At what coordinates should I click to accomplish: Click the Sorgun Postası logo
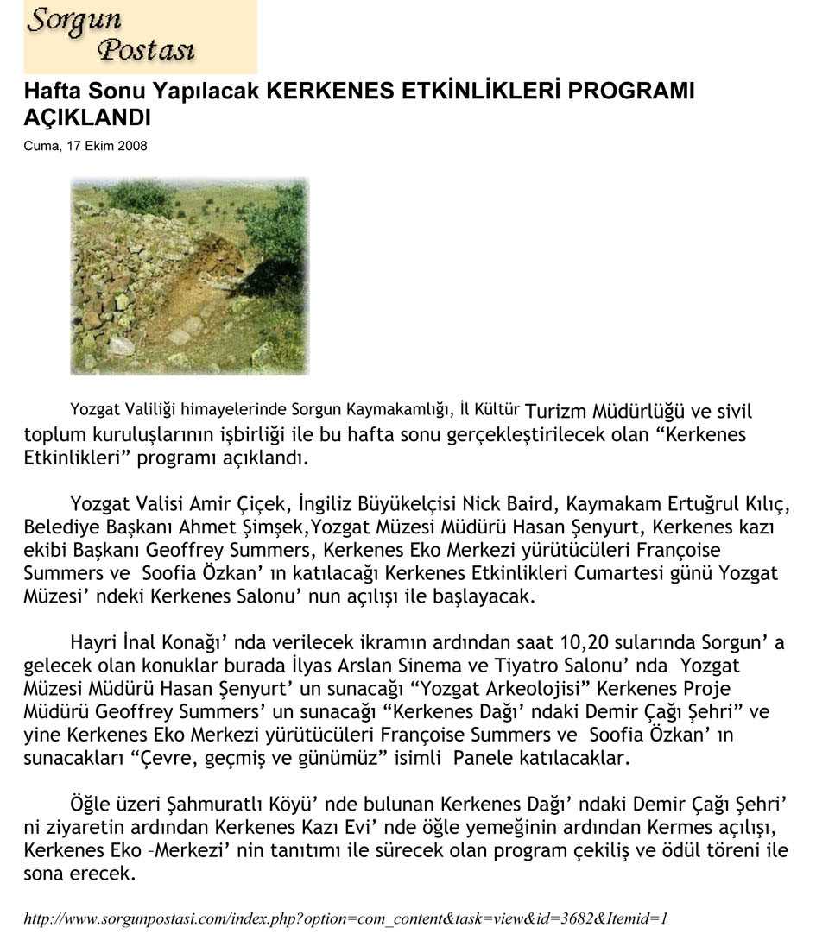(140, 36)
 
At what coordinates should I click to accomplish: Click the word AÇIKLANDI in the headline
(87, 117)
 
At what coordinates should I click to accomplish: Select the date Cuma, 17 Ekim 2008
(85, 146)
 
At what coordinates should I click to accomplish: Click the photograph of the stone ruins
(189, 276)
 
